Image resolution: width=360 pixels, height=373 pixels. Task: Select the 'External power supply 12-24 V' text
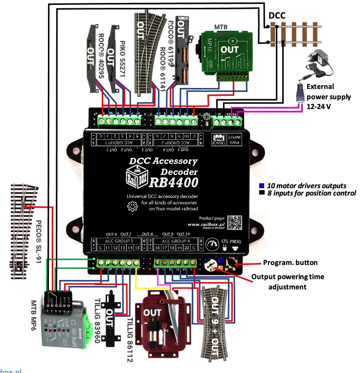[x=328, y=96]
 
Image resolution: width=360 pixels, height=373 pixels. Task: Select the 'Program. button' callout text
[x=290, y=262]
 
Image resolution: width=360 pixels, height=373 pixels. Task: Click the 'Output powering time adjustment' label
[x=288, y=282]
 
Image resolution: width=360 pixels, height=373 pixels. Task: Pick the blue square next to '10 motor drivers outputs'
[x=262, y=186]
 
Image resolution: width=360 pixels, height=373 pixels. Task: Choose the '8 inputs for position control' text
[x=311, y=193]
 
